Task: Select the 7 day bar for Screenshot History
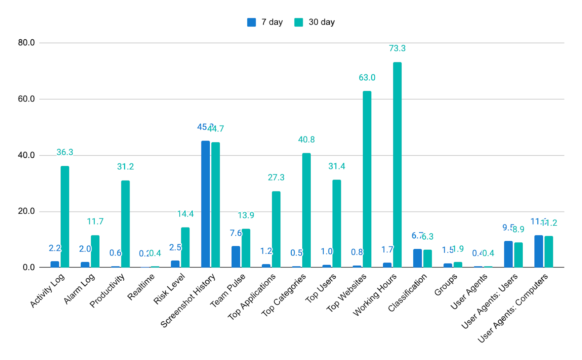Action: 206,204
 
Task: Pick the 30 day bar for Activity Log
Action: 65,217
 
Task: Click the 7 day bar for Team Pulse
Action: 236,257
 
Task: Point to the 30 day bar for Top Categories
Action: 306,210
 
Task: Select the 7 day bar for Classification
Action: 417,258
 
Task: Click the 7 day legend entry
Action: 265,22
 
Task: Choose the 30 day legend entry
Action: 315,22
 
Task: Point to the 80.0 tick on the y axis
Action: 26,43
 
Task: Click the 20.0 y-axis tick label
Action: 26,211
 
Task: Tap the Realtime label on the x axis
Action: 141,287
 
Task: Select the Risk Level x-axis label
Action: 170,289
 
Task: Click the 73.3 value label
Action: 397,48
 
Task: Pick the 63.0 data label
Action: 367,78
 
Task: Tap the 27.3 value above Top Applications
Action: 276,178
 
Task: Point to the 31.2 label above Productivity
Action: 125,167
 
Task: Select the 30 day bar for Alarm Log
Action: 95,251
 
